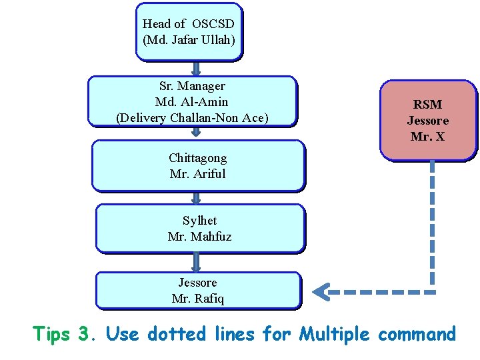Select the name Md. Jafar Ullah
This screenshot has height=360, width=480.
(189, 40)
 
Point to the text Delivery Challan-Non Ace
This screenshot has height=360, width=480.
(192, 119)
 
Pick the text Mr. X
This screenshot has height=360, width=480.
(428, 137)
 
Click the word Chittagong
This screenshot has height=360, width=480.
(198, 158)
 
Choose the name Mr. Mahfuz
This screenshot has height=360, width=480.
(200, 236)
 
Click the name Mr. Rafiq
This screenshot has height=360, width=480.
(198, 299)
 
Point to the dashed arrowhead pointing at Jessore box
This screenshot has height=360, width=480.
(323, 291)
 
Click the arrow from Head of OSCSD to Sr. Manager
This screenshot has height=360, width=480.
(196, 68)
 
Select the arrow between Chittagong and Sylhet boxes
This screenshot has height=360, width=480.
(197, 197)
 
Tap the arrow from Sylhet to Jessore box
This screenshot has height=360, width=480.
(197, 261)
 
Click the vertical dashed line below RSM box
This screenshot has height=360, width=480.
(432, 220)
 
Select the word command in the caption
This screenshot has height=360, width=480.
(417, 333)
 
